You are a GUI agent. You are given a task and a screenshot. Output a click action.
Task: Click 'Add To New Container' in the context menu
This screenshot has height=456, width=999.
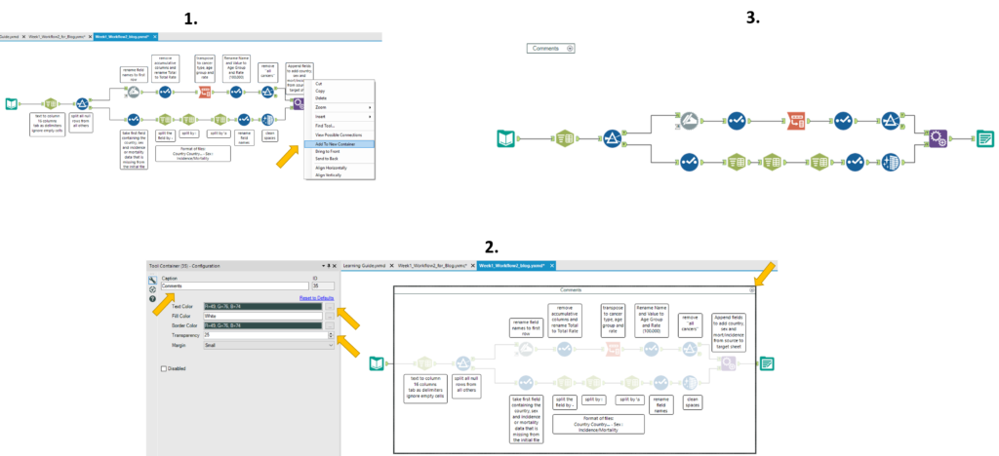(x=334, y=143)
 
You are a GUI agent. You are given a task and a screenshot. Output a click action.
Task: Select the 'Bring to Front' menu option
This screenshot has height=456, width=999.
(x=327, y=151)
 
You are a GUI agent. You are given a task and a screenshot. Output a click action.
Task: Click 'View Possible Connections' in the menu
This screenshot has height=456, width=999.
(x=337, y=134)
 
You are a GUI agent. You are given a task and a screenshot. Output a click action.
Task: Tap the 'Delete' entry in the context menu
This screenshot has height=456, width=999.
(x=321, y=97)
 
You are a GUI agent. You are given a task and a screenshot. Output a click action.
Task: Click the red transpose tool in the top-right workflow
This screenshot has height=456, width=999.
(x=798, y=121)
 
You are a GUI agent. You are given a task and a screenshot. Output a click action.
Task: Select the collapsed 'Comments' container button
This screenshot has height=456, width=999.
(x=551, y=48)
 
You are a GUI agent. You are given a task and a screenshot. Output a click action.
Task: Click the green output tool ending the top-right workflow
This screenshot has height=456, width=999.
(x=986, y=138)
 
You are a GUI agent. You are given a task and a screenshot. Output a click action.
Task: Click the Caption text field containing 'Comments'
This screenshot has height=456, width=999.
(x=234, y=286)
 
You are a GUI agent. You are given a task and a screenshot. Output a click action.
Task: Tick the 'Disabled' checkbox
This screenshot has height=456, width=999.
(x=164, y=368)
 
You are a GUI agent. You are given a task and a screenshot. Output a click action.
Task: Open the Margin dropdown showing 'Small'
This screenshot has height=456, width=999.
(x=268, y=345)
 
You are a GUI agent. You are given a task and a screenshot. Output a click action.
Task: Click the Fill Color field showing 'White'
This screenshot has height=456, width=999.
(x=262, y=316)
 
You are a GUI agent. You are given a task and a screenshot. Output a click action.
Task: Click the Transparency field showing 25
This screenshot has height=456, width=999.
(x=262, y=335)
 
